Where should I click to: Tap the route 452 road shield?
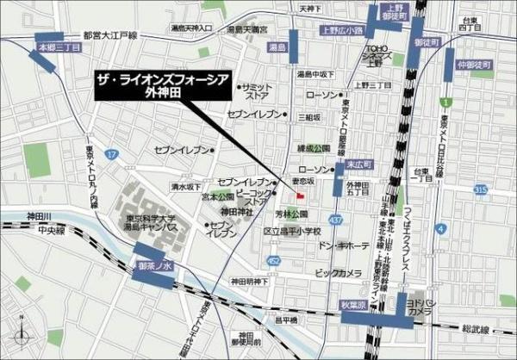273,259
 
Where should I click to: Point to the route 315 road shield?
480,187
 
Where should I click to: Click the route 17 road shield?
110,153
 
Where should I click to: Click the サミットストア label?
256,91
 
